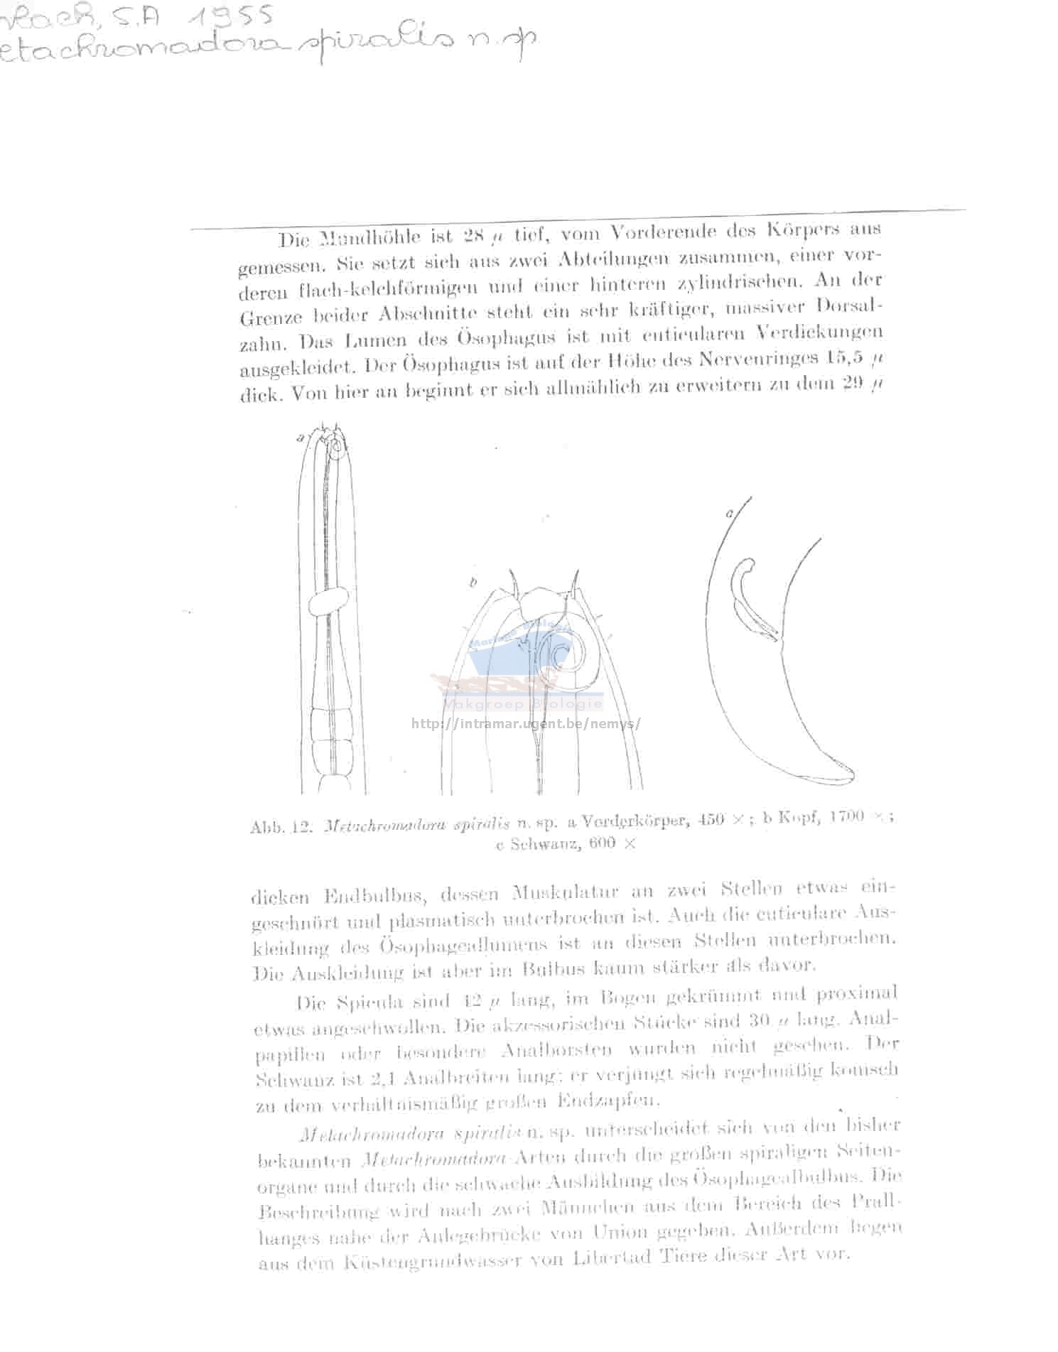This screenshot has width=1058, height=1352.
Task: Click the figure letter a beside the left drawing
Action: coord(301,438)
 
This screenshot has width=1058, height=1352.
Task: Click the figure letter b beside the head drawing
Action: coord(473,584)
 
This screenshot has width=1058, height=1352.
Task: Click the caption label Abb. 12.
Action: coord(281,827)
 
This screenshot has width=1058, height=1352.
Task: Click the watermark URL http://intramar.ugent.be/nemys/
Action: coord(527,724)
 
